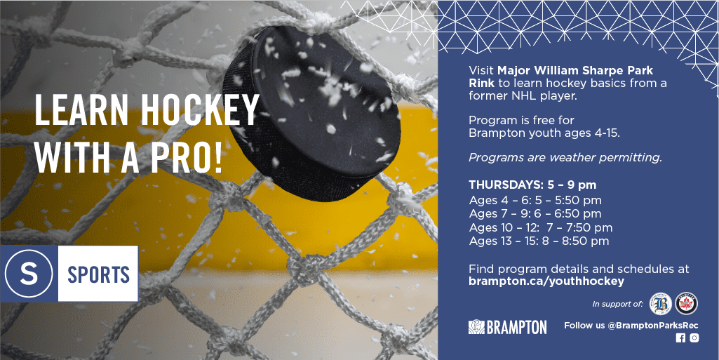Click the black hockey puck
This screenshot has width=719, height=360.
click(312, 112)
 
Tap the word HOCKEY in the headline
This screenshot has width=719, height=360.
click(200, 110)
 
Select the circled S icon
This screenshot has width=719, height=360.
click(29, 274)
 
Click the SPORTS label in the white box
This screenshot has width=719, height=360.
click(99, 274)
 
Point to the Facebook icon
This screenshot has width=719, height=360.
click(680, 338)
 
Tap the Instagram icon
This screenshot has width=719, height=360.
click(694, 338)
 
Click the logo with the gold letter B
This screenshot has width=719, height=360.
click(661, 304)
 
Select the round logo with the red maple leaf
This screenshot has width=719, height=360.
click(687, 304)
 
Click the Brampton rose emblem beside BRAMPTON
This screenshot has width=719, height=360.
click(476, 327)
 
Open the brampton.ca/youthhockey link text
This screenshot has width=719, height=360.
click(546, 281)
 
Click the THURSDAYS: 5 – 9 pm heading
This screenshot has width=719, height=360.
click(532, 185)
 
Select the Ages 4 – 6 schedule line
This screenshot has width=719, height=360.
click(535, 201)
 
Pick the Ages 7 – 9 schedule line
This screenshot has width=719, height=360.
click(535, 214)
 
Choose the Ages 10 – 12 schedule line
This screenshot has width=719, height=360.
click(541, 227)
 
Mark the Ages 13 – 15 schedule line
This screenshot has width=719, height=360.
click(539, 241)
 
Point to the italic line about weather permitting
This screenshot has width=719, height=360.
click(565, 158)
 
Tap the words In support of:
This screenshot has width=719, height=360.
click(618, 304)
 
